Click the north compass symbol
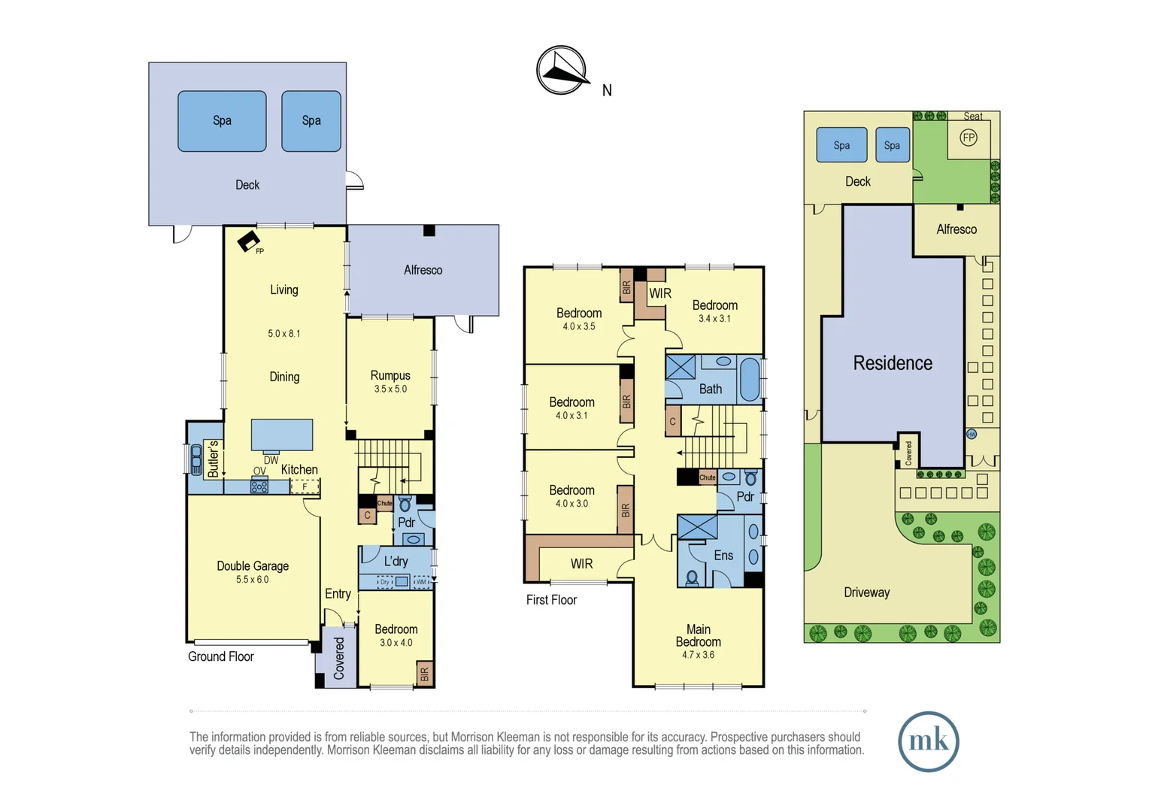coord(561,70)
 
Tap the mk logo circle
coord(928,741)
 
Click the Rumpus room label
coord(390,375)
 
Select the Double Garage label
coord(253,566)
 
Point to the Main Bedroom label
coord(698,635)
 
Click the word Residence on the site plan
coord(893,363)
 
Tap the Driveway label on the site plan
coord(866,592)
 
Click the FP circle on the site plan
coord(969,138)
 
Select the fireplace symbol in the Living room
coord(248,241)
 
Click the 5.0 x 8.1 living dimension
coord(283,333)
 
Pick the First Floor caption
coord(551,600)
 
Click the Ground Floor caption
coord(220,656)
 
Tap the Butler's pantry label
coord(213,459)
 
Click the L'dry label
coord(396,561)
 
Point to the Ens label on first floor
coord(723,556)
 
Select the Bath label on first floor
coord(710,389)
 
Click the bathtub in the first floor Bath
coord(750,380)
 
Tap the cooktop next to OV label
coord(259,486)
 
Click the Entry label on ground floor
coord(338,594)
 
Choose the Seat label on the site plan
coord(973,117)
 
